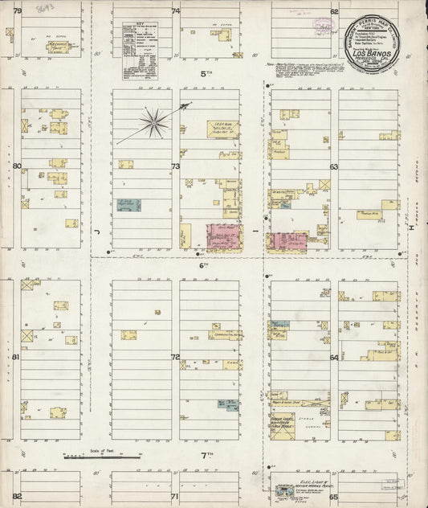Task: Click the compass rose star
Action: click(153, 122)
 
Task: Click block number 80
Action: click(16, 166)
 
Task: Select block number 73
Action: click(175, 166)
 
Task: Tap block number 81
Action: click(16, 356)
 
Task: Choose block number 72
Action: click(175, 356)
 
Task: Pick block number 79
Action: click(16, 11)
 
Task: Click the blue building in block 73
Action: click(128, 205)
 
